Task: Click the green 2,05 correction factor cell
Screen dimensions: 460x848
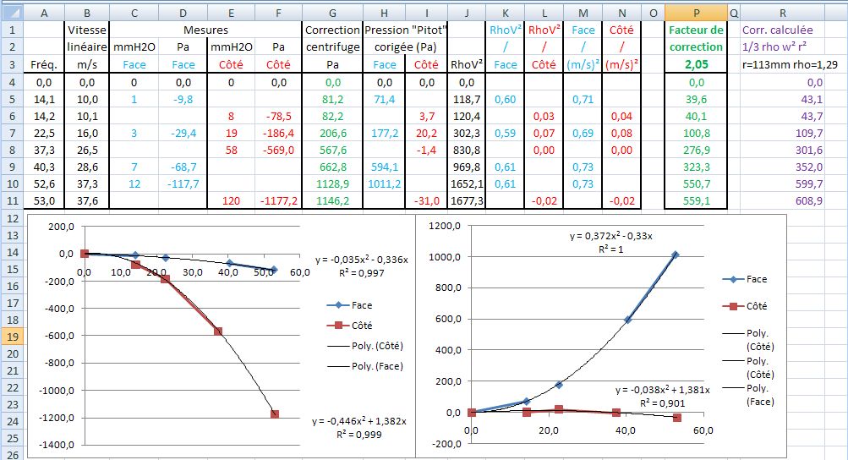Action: pos(696,64)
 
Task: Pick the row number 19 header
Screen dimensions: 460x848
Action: pos(12,336)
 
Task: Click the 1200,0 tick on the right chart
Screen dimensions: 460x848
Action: pos(446,227)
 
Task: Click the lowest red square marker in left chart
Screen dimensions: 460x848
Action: pos(274,414)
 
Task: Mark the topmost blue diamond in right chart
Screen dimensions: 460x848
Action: pos(676,255)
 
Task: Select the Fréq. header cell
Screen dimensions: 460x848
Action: pos(42,64)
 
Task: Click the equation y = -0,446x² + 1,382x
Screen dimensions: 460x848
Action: pos(359,420)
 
